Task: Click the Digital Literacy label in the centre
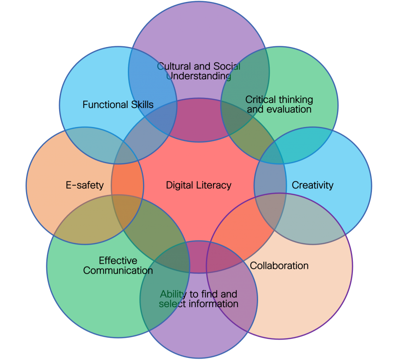[199, 185]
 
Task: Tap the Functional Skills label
[118, 104]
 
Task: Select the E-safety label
[85, 185]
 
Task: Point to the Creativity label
[312, 185]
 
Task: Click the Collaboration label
[279, 266]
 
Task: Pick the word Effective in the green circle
[118, 261]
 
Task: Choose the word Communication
[118, 270]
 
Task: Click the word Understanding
[199, 76]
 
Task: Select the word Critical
[260, 100]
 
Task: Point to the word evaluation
[289, 110]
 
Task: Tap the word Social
[227, 66]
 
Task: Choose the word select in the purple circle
[171, 304]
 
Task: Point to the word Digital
[180, 185]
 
